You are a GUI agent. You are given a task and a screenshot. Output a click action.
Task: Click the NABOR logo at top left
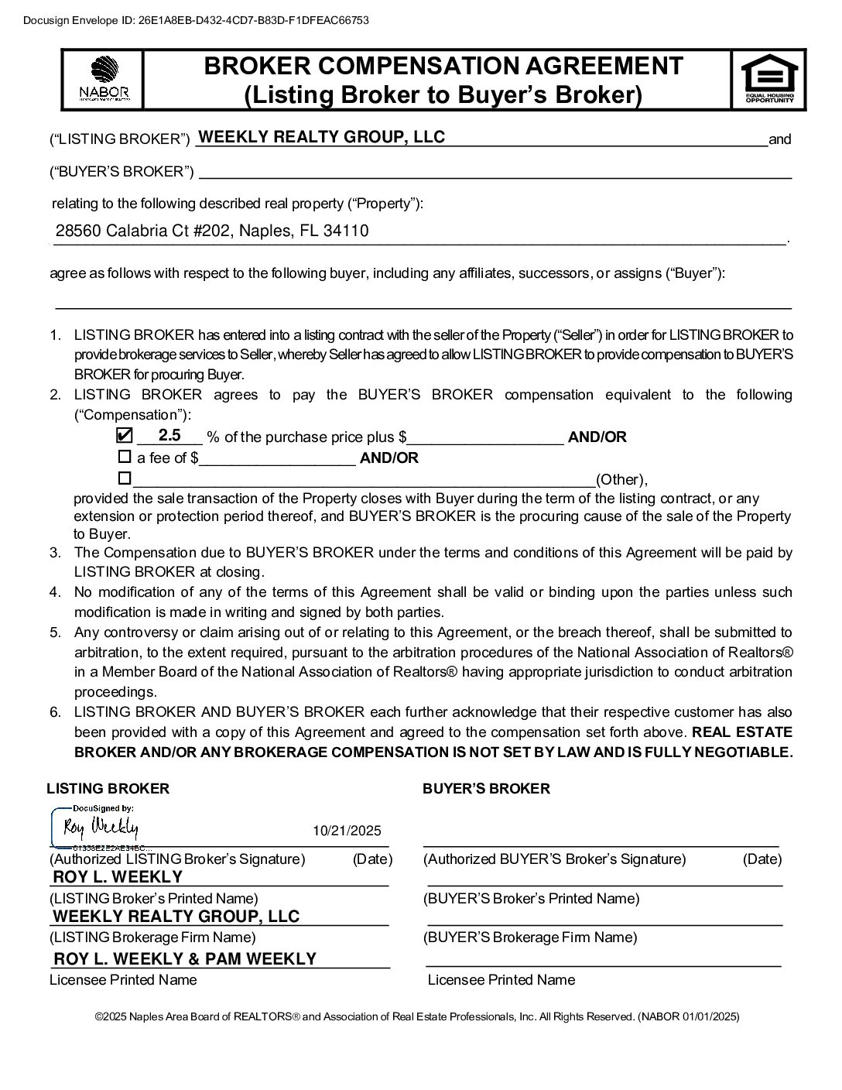[x=104, y=79]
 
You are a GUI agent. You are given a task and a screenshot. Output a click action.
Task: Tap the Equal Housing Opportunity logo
[x=768, y=79]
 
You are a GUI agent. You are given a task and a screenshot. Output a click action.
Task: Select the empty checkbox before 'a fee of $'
[x=124, y=457]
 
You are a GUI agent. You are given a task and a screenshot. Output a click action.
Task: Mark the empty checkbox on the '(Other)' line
[x=124, y=478]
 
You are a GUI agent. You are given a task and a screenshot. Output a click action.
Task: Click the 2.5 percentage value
[x=169, y=435]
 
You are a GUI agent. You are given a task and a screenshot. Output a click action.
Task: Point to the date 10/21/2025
[x=347, y=831]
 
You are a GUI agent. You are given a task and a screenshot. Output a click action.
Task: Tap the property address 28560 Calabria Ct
[x=211, y=231]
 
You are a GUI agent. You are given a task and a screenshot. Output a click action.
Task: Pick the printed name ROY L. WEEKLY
[x=118, y=877]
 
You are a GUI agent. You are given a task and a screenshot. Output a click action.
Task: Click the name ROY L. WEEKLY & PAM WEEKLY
[x=185, y=959]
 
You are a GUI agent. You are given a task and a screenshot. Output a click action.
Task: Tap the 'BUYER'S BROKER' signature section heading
[x=486, y=789]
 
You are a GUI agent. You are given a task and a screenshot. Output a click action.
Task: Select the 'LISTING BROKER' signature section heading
[x=108, y=789]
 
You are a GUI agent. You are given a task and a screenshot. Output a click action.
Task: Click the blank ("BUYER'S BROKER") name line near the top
[x=495, y=172]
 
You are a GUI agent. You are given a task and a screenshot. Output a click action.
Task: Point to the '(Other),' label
[x=621, y=479]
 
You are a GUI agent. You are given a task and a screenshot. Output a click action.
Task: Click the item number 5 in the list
[x=55, y=632]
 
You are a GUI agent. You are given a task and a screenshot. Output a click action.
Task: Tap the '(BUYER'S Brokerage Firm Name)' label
[x=530, y=937]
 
